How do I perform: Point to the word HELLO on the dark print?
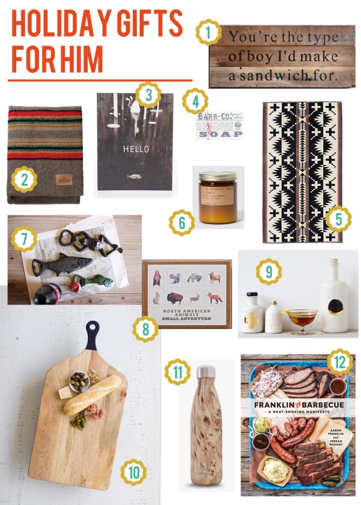coord(135,148)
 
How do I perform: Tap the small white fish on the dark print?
coord(134,176)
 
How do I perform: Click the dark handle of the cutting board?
coord(92,335)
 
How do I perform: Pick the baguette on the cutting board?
coord(92,395)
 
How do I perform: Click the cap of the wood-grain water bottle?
coord(206,372)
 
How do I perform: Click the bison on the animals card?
coord(171,298)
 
